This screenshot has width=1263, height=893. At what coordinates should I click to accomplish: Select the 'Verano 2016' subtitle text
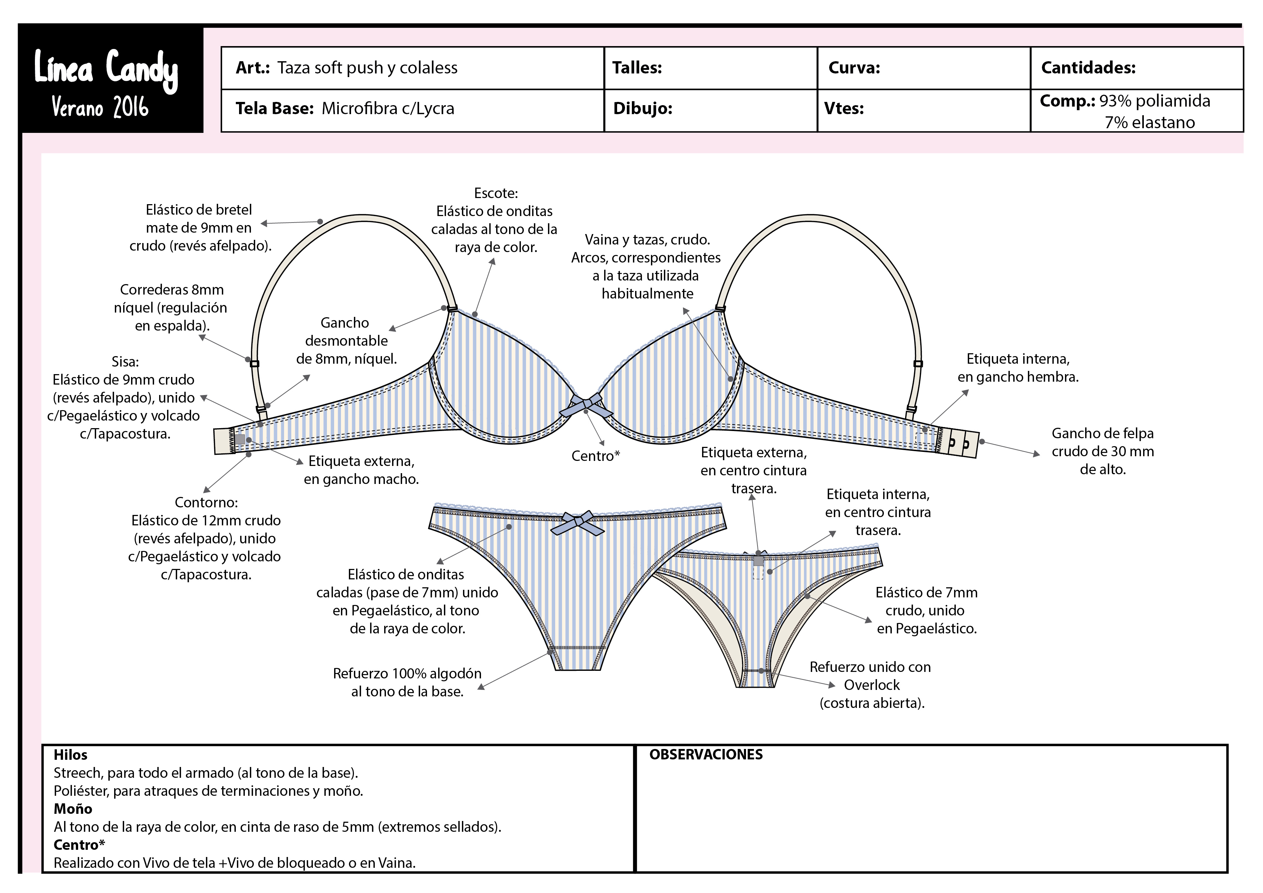(x=100, y=107)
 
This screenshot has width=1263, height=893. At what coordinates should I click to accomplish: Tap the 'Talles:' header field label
(x=637, y=68)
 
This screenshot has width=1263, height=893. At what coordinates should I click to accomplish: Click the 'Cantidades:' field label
(x=1088, y=68)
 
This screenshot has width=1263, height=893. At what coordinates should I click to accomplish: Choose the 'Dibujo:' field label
(x=643, y=108)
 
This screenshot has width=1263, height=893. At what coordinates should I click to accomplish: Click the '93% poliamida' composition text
(x=1154, y=101)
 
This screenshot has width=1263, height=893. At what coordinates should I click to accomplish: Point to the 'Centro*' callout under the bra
(x=595, y=456)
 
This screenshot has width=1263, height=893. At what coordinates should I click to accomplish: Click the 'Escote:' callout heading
(x=496, y=193)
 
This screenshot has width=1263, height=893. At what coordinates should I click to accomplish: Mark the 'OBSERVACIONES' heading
(x=706, y=754)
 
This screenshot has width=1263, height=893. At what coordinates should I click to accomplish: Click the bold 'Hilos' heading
(x=71, y=755)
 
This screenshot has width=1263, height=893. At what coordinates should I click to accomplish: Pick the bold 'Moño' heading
(x=73, y=809)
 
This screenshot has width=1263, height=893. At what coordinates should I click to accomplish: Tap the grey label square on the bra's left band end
(x=240, y=439)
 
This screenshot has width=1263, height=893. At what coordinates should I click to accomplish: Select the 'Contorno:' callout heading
(x=206, y=502)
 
